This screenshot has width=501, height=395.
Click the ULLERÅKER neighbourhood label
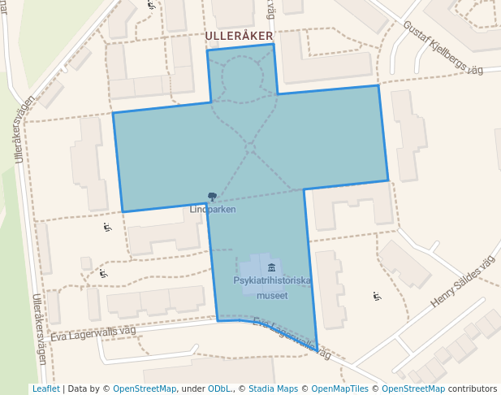click(240, 37)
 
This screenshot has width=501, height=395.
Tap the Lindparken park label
click(213, 209)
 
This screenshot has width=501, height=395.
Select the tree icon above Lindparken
click(213, 197)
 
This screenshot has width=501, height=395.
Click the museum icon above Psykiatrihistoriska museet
click(271, 268)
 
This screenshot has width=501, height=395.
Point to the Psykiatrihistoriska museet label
click(272, 288)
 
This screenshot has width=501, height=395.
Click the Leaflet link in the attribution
click(45, 388)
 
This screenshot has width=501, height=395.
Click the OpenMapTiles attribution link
click(340, 388)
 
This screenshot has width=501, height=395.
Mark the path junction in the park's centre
click(251, 147)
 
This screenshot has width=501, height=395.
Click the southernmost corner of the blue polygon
click(317, 350)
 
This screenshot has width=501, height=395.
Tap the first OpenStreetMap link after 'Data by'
click(145, 388)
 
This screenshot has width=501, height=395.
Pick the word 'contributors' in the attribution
click(472, 388)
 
